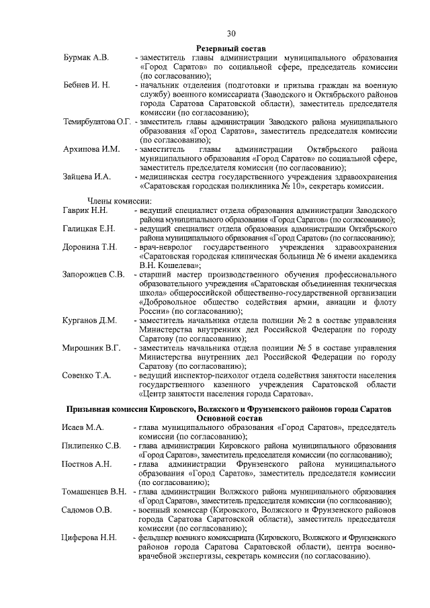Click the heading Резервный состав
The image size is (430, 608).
231,48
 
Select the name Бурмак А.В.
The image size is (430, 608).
86,58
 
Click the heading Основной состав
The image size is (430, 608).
231,418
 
